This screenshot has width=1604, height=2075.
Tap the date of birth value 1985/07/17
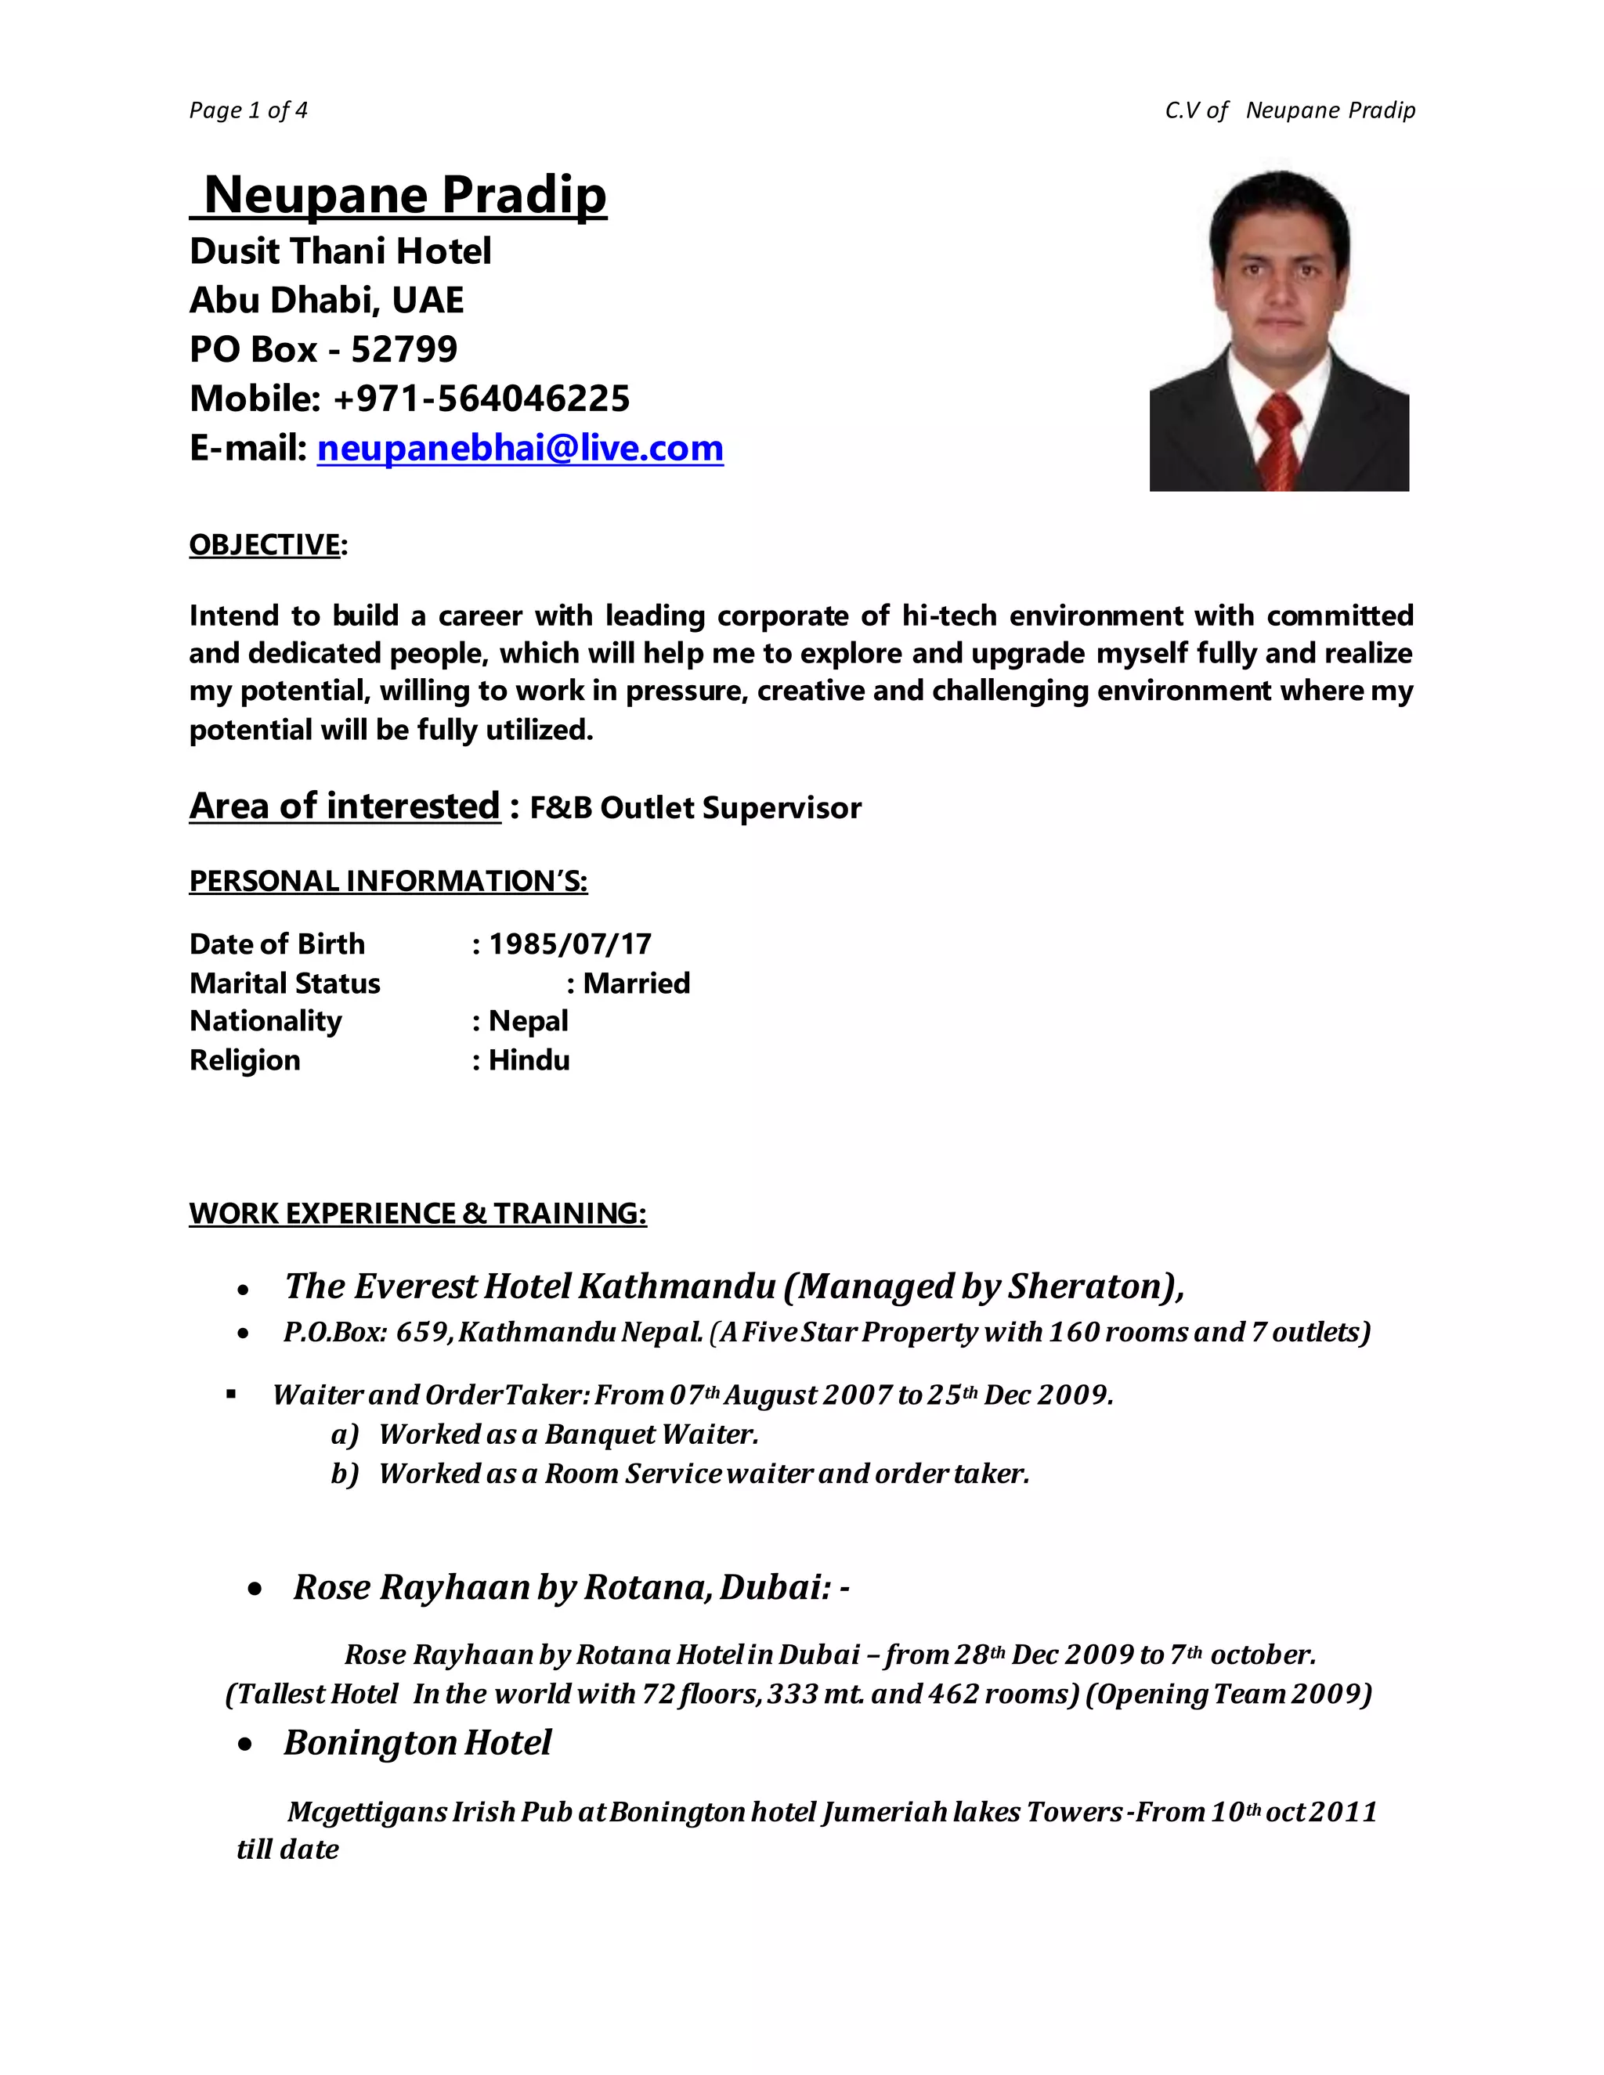[569, 944]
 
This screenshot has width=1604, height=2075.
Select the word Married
[636, 983]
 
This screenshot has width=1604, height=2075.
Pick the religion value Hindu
[529, 1059]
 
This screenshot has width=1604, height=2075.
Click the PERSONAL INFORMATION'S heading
[388, 881]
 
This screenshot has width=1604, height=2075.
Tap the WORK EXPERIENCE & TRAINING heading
[417, 1213]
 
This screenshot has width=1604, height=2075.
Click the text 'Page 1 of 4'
[248, 110]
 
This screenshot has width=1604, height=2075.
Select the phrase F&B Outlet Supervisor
[695, 807]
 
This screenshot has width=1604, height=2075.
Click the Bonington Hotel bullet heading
[417, 1742]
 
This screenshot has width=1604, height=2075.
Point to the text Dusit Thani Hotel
[340, 251]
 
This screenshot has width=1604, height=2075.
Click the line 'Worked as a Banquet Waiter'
[569, 1434]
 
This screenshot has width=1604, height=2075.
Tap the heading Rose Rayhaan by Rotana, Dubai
[570, 1586]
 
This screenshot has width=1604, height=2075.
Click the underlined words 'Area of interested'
[344, 806]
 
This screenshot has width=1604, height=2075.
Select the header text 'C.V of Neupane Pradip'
[1289, 110]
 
